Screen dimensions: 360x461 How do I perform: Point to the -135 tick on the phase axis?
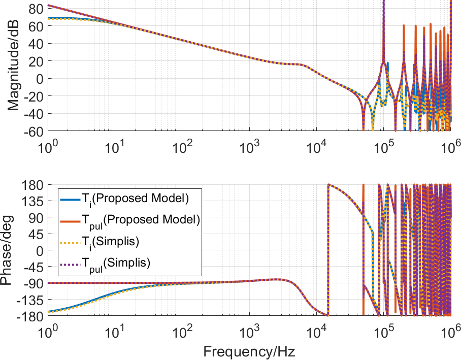click(x=31, y=300)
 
